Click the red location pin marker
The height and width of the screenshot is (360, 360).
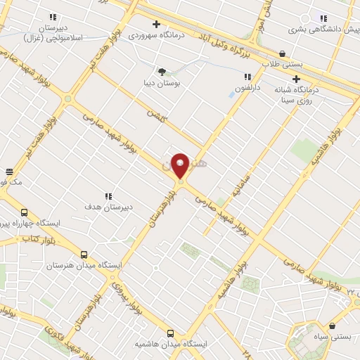click(x=180, y=166)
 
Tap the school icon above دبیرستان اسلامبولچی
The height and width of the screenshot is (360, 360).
click(x=53, y=16)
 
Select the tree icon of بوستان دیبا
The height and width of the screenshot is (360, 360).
click(x=162, y=72)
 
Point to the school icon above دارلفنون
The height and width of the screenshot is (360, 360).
click(x=247, y=77)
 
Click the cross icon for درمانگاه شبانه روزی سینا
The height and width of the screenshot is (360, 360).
click(x=297, y=79)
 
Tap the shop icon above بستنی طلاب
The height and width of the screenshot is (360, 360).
click(x=282, y=53)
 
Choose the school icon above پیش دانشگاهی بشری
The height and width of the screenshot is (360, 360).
click(x=323, y=18)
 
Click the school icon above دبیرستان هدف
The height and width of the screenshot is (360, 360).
click(x=108, y=196)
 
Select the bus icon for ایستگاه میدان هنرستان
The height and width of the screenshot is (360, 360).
click(x=84, y=255)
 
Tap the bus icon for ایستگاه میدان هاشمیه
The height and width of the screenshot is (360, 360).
click(x=170, y=333)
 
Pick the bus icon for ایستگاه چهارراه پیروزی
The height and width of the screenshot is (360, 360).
click(x=25, y=212)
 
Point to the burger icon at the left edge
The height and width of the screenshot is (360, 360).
click(x=9, y=172)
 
